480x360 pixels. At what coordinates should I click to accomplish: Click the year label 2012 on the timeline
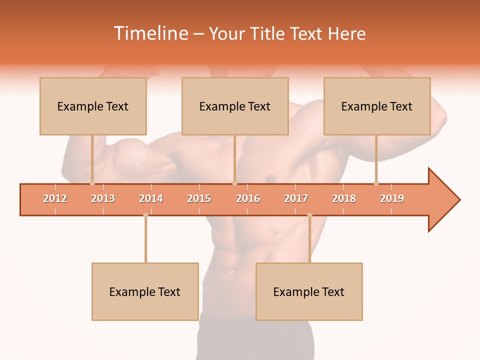55,199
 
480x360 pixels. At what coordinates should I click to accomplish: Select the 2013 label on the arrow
103,199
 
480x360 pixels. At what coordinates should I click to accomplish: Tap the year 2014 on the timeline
151,199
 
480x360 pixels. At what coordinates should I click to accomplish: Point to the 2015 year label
199,199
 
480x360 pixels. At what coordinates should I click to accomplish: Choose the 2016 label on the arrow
248,199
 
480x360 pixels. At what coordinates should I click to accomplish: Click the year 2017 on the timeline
296,199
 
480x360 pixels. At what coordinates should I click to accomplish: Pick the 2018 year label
344,199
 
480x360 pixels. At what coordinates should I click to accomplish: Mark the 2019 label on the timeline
392,199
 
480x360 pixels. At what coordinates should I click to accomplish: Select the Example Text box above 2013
93,106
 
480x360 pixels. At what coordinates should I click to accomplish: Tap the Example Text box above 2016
235,106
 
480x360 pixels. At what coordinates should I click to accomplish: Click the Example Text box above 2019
377,106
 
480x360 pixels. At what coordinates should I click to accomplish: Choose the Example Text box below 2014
145,292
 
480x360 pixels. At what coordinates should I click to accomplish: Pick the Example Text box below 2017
309,292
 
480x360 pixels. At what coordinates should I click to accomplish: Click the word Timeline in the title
150,33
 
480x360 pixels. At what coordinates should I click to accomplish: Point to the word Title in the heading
270,33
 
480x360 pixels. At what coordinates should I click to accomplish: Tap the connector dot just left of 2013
92,183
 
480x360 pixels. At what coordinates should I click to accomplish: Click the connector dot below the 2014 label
145,215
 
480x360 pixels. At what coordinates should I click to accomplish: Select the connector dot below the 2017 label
309,215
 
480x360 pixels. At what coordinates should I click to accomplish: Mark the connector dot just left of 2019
376,183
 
